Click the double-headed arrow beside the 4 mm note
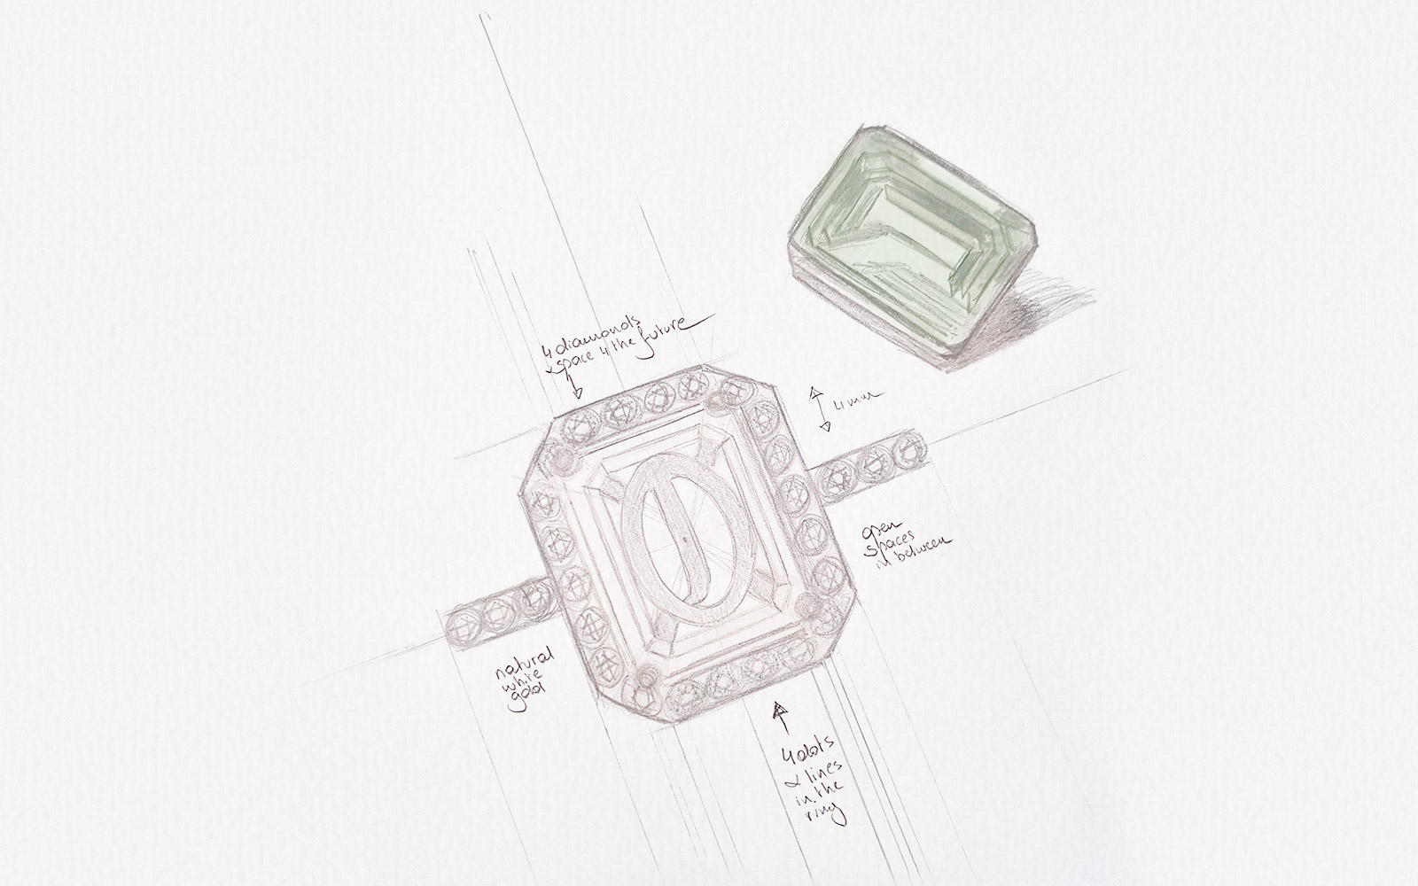click(822, 408)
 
